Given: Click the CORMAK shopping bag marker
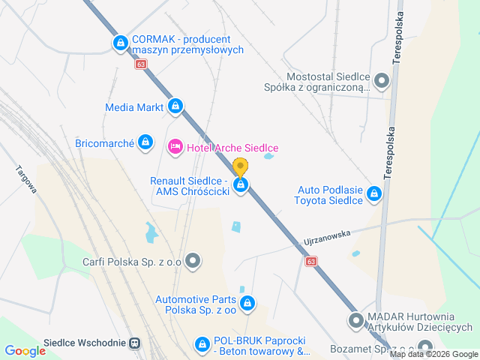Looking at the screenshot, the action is [x=120, y=43].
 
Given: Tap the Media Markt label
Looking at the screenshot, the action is [x=134, y=107].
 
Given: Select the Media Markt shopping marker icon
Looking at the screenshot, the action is [x=175, y=106].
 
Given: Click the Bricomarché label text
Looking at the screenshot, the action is [x=104, y=142].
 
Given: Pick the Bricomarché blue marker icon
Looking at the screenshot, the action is [x=145, y=142].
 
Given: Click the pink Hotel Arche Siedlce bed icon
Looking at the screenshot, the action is [x=175, y=146].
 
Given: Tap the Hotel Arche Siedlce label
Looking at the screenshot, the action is [x=232, y=147].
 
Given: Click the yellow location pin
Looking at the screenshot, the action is [x=240, y=167].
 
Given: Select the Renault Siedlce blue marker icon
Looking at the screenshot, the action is [x=241, y=185].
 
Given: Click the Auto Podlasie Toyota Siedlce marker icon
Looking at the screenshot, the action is [x=374, y=194].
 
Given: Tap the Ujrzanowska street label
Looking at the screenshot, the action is [x=328, y=239].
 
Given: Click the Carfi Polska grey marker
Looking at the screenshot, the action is [x=193, y=262].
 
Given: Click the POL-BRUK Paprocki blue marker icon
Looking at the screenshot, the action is [x=202, y=344].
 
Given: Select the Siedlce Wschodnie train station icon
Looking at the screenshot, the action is [x=135, y=343].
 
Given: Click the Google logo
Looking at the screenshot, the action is [x=25, y=350].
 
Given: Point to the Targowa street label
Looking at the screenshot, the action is [x=26, y=181].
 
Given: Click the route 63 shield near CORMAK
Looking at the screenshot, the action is [x=142, y=64].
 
